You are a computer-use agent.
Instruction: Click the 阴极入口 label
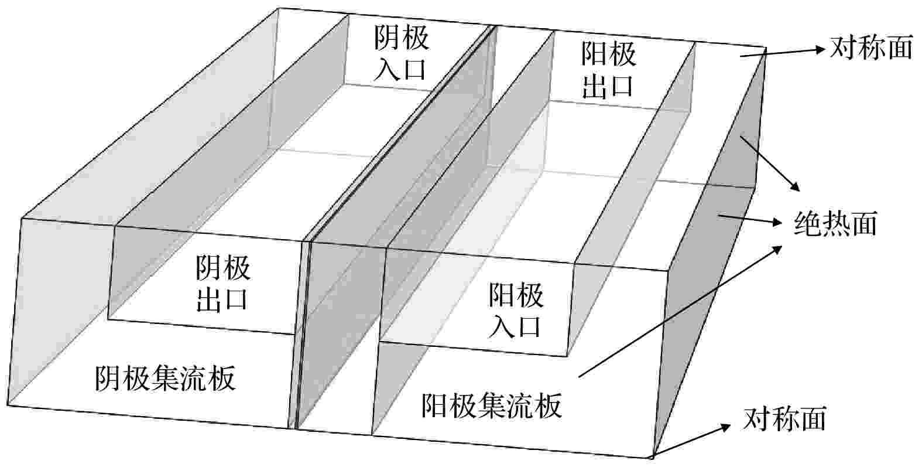pyautogui.click(x=401, y=54)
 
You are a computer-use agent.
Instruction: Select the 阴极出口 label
pyautogui.click(x=222, y=283)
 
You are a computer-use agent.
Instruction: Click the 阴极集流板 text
pyautogui.click(x=165, y=379)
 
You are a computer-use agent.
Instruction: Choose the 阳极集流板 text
pyautogui.click(x=492, y=405)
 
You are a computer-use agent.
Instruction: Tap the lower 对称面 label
pyautogui.click(x=785, y=418)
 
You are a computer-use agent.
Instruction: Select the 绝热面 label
pyautogui.click(x=835, y=223)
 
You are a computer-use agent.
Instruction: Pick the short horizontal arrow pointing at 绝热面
pyautogui.click(x=750, y=220)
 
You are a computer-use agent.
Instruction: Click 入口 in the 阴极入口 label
pyautogui.click(x=401, y=69)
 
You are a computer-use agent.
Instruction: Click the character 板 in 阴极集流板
pyautogui.click(x=222, y=379)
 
